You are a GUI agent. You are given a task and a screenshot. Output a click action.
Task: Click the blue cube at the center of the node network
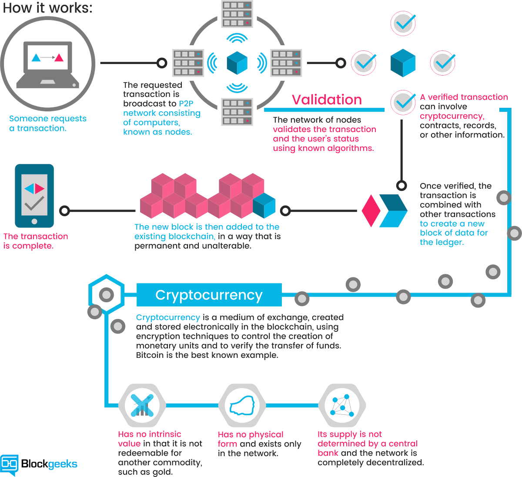[237, 63]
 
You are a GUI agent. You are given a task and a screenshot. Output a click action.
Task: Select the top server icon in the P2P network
[237, 14]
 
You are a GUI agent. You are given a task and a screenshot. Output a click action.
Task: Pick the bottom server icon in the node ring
[237, 112]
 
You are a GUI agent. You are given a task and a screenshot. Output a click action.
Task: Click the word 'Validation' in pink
[327, 100]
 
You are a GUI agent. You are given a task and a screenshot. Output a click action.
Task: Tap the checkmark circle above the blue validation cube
[403, 23]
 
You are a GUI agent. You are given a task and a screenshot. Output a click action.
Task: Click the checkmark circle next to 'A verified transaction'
[403, 102]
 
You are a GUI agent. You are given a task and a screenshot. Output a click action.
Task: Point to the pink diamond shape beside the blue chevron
[371, 211]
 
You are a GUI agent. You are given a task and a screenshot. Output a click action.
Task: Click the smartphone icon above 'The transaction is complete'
[34, 196]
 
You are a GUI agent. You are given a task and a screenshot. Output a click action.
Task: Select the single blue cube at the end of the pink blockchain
[264, 206]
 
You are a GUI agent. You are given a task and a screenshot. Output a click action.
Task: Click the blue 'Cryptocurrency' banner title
[209, 295]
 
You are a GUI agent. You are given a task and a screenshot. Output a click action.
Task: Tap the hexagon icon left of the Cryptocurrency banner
[107, 294]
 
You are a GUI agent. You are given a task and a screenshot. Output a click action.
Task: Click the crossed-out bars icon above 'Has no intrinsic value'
[142, 405]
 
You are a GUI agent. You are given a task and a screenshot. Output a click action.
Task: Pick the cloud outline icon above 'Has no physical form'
[242, 405]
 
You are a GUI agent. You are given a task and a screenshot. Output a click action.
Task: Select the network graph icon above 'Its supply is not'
[342, 405]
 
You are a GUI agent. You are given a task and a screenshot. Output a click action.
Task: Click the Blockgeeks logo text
[49, 464]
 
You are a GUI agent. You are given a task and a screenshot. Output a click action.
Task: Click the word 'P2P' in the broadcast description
[186, 103]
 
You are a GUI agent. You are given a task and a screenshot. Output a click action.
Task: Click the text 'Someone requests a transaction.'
[47, 123]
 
